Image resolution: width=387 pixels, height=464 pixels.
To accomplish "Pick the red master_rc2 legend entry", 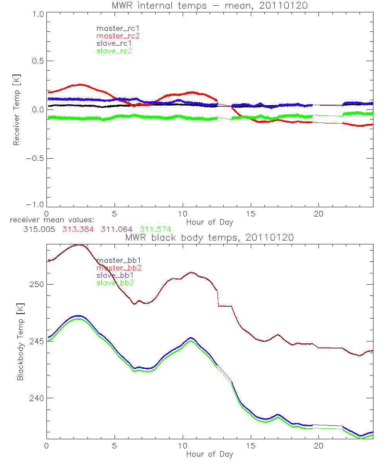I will pos(118,36).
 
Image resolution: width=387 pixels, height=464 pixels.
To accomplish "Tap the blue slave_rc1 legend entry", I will pos(114,43).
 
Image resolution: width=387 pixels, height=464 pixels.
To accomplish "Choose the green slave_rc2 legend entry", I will pos(114,51).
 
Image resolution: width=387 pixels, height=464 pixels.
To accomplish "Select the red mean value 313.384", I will pos(78,229).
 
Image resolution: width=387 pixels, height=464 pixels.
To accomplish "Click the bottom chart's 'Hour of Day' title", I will pos(210,454).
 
